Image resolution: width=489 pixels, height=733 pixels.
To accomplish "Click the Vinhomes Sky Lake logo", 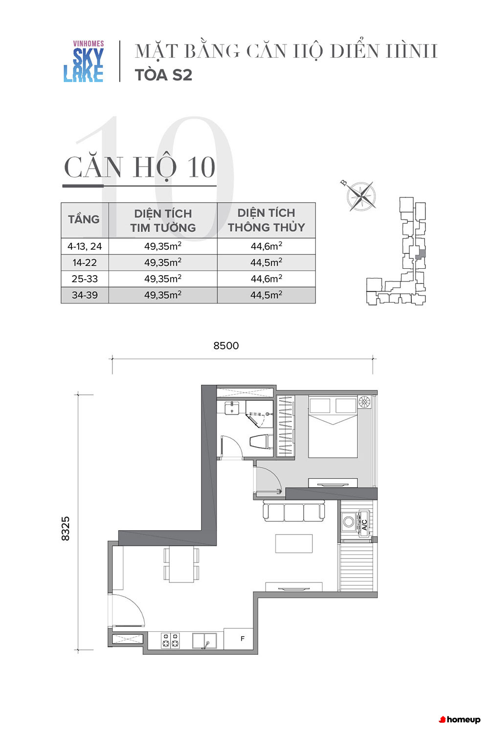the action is click(84, 61).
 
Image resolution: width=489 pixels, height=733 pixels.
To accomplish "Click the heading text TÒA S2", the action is click(163, 75).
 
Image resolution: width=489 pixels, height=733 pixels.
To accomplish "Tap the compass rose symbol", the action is click(361, 196).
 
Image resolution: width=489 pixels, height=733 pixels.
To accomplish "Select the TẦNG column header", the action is click(84, 219).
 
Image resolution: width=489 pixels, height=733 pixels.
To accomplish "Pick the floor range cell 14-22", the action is click(85, 262).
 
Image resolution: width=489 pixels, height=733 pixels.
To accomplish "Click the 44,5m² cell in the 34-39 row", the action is click(267, 295).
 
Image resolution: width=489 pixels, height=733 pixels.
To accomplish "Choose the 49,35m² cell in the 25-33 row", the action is click(163, 279).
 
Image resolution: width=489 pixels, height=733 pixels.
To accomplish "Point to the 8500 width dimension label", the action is click(226, 345).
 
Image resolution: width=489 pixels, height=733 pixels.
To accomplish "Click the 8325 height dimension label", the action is click(66, 528).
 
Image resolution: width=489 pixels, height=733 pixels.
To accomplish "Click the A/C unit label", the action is click(364, 524).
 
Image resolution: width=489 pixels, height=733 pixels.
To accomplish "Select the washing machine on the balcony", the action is click(349, 521).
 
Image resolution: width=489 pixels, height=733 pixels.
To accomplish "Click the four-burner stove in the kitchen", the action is click(170, 640).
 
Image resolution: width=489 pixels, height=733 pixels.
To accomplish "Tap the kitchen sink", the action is click(204, 640).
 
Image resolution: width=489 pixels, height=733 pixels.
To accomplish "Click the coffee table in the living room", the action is click(294, 543).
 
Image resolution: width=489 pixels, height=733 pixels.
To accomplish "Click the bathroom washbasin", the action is click(232, 408).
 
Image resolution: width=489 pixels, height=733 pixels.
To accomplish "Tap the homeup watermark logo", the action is click(460, 720).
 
